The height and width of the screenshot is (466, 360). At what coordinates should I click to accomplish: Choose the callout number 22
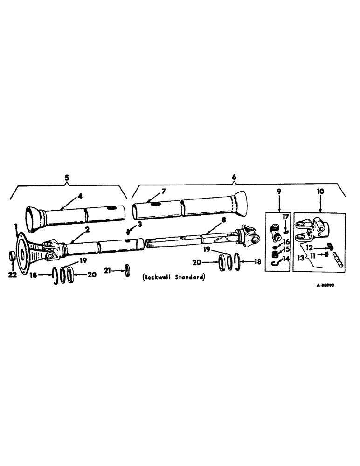point(13,275)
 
